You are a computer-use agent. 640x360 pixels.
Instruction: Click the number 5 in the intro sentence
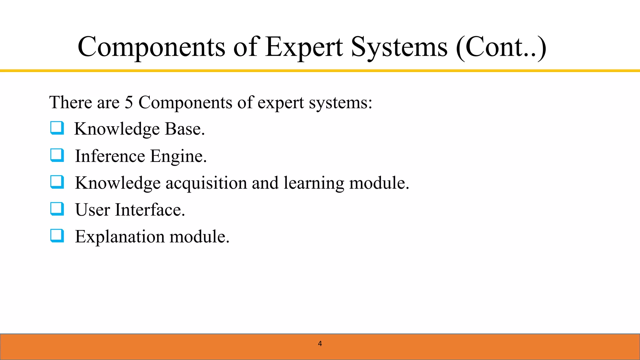pyautogui.click(x=129, y=102)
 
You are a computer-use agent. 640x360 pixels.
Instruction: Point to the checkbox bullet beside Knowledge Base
pyautogui.click(x=57, y=128)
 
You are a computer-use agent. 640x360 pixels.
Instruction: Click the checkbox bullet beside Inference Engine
pyautogui.click(x=57, y=155)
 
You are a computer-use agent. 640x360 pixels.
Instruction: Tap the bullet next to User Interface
pyautogui.click(x=57, y=209)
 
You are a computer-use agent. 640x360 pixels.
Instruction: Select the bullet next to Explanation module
pyautogui.click(x=57, y=236)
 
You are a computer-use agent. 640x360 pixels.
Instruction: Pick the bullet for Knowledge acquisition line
pyautogui.click(x=57, y=182)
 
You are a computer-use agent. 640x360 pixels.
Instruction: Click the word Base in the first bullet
pyautogui.click(x=184, y=129)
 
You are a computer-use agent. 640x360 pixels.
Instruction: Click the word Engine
pyautogui.click(x=178, y=156)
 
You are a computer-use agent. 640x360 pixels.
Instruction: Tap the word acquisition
pyautogui.click(x=206, y=183)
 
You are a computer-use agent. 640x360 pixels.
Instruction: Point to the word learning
pyautogui.click(x=314, y=183)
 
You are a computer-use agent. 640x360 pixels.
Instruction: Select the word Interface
pyautogui.click(x=150, y=210)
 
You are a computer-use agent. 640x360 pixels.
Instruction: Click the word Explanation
pyautogui.click(x=120, y=237)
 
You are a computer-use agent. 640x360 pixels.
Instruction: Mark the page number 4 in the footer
pyautogui.click(x=320, y=344)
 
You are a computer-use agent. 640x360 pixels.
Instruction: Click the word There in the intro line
pyautogui.click(x=71, y=102)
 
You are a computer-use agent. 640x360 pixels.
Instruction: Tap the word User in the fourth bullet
pyautogui.click(x=92, y=210)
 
